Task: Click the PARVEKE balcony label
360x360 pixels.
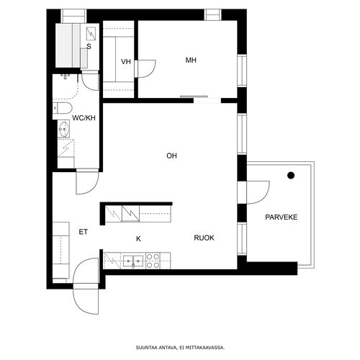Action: point(282,217)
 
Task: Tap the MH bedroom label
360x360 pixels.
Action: point(191,60)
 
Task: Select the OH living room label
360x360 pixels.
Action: point(171,156)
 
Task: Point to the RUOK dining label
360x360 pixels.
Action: point(204,238)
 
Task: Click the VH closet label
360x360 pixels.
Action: point(126,62)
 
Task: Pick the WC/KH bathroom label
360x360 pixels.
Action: point(84,118)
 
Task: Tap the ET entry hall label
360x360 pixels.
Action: point(84,232)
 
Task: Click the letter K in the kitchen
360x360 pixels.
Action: point(138,239)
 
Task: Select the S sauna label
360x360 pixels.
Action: point(89,46)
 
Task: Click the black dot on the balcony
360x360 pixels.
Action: point(291,176)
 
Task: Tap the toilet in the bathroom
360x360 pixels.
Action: point(62,108)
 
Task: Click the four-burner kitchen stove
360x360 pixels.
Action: point(153,261)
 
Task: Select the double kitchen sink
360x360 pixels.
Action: point(133,261)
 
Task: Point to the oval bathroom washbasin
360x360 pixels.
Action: point(64,130)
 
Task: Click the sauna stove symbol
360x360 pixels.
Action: point(91,34)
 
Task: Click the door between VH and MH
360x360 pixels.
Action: point(145,69)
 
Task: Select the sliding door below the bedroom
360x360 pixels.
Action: point(194,96)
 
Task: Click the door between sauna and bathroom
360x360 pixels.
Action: point(90,81)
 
